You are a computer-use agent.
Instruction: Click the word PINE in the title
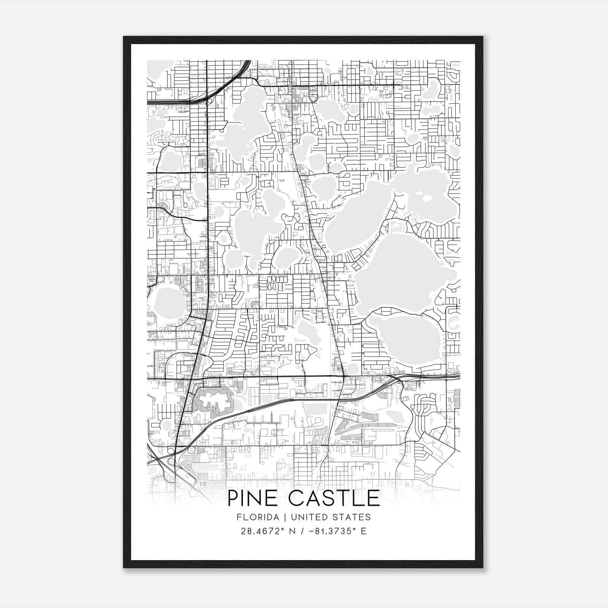click(252, 499)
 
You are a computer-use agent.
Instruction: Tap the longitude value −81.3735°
click(333, 531)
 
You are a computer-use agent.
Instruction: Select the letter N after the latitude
click(292, 531)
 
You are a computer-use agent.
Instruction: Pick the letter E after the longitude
click(364, 531)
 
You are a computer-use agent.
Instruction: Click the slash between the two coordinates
click(302, 531)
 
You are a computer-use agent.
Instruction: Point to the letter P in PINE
click(233, 499)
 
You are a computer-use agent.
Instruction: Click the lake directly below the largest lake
click(405, 338)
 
